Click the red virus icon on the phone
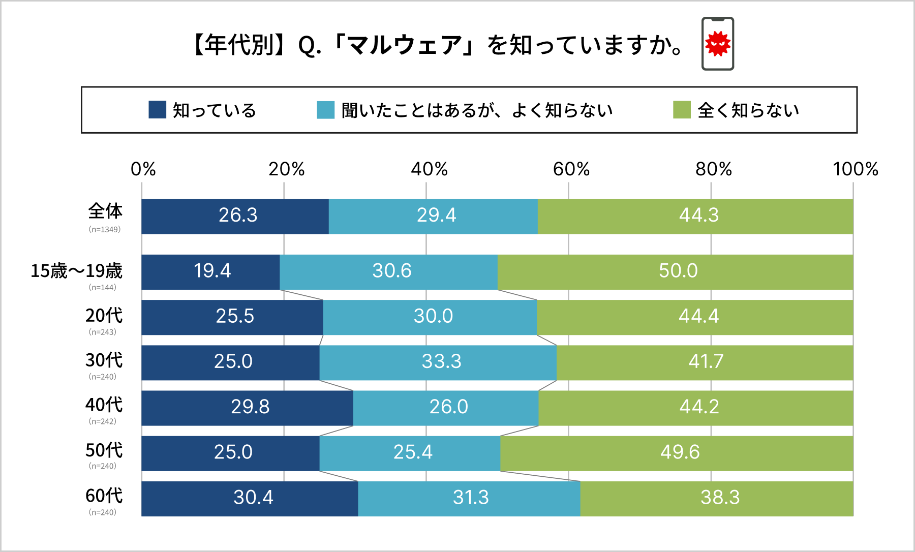tap(717, 44)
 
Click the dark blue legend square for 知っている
tap(157, 110)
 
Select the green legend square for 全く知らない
tap(682, 110)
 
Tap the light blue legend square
tap(325, 110)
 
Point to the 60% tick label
tap(571, 169)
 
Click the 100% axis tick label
tap(855, 169)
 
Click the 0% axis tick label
tap(143, 169)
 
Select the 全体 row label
tap(105, 211)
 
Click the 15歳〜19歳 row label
tap(76, 271)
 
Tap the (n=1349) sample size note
tap(105, 229)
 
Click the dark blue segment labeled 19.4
tap(211, 271)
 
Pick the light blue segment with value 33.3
tap(441, 362)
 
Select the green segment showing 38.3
tap(719, 498)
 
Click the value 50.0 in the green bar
tap(678, 271)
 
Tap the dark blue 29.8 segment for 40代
tap(249, 407)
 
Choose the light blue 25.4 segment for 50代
tap(412, 452)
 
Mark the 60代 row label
tap(104, 496)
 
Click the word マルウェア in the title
tap(405, 45)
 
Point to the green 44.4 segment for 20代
tap(698, 317)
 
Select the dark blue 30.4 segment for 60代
tap(253, 498)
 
